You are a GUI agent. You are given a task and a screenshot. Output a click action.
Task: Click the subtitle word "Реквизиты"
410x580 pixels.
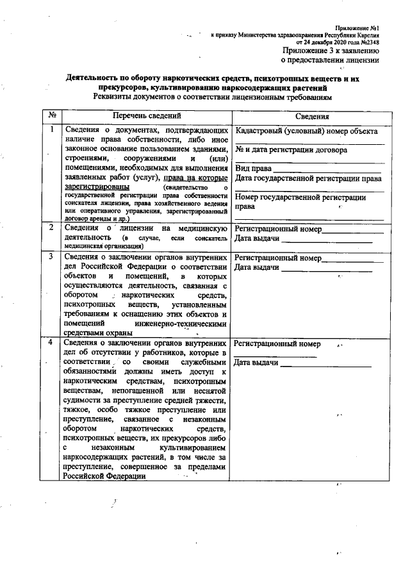[117, 97]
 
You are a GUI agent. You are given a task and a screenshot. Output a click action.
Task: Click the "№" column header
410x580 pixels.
[50, 116]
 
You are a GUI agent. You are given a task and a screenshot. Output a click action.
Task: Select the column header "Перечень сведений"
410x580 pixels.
[147, 116]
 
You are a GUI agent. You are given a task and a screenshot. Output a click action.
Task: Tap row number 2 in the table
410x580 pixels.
[51, 228]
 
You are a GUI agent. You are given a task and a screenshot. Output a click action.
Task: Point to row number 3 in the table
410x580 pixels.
[51, 257]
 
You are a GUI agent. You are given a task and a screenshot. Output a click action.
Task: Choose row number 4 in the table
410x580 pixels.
[51, 344]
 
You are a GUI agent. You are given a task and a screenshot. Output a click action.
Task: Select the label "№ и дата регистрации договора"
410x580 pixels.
[291, 151]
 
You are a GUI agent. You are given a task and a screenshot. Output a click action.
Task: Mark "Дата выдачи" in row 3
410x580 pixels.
[258, 267]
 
